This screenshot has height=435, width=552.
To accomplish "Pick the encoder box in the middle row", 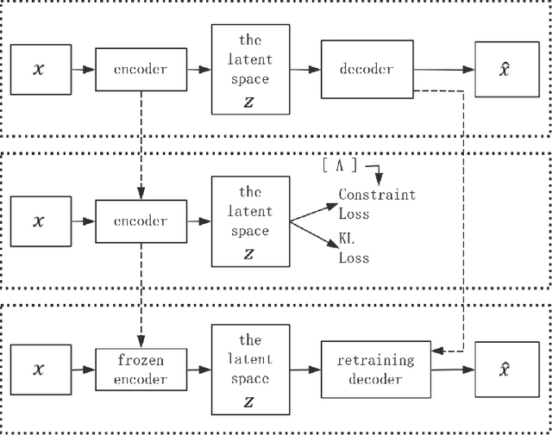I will pos(140,221).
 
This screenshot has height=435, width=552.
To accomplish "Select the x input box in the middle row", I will pos(38,221).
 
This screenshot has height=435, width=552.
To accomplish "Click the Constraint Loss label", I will pos(376,202).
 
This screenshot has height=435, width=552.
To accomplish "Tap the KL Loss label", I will pos(354,249).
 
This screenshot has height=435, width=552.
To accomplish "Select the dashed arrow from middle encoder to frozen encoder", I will pos(140,292).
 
